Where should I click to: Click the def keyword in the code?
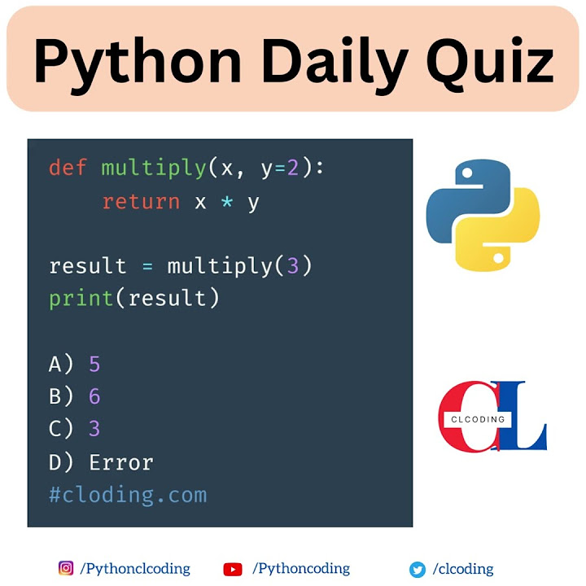click(68, 168)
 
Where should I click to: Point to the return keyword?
click(141, 202)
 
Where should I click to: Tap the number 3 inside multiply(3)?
click(293, 267)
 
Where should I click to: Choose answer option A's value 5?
click(94, 364)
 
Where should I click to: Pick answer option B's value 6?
click(94, 397)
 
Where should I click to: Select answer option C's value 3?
click(94, 429)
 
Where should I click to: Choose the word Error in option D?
click(121, 462)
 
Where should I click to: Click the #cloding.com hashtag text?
click(128, 495)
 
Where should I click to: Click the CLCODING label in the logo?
click(478, 420)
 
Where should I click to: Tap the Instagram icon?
click(66, 569)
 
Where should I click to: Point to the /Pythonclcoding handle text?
click(135, 569)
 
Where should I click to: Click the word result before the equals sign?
click(88, 267)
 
